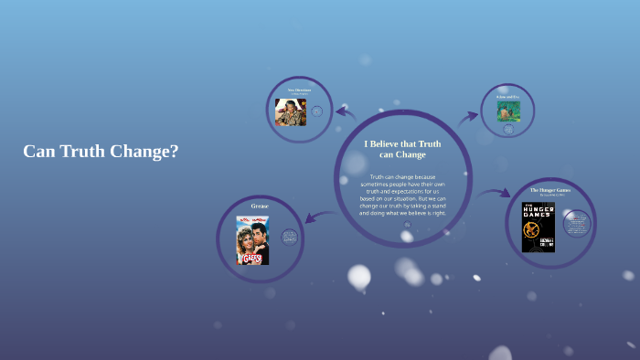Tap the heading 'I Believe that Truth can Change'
(402, 149)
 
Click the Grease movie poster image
(252, 240)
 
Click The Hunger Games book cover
(539, 228)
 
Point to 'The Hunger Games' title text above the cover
(551, 190)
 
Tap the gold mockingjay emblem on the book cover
(539, 238)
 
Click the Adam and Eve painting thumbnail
(507, 111)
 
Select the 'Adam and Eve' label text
(507, 96)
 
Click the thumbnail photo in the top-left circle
(291, 111)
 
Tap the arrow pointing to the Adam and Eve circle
(469, 116)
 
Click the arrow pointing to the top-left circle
(345, 112)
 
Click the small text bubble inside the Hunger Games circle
(577, 221)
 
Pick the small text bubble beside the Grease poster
(290, 238)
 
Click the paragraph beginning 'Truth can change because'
(402, 195)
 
